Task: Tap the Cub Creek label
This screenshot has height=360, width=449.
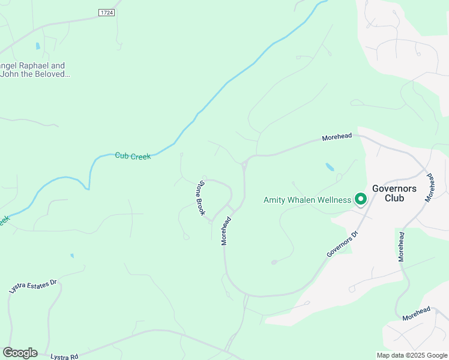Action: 133,156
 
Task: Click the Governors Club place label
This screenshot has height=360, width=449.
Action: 394,193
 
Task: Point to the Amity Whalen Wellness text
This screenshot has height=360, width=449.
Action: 307,200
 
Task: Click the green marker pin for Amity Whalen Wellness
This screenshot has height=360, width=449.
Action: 360,199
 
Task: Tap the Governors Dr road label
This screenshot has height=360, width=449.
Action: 342,242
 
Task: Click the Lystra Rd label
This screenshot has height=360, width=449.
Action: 65,356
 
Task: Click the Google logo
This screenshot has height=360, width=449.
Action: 20,353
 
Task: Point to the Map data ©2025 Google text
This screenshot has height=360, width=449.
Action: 412,355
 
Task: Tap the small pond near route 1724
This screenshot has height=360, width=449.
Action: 38,46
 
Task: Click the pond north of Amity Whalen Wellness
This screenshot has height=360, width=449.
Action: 330,167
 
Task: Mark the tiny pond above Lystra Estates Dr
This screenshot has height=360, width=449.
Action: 71,256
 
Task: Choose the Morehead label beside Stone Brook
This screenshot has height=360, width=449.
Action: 226,230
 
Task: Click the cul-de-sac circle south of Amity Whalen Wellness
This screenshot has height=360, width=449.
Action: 274,262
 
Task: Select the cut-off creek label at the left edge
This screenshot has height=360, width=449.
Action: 4,220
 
